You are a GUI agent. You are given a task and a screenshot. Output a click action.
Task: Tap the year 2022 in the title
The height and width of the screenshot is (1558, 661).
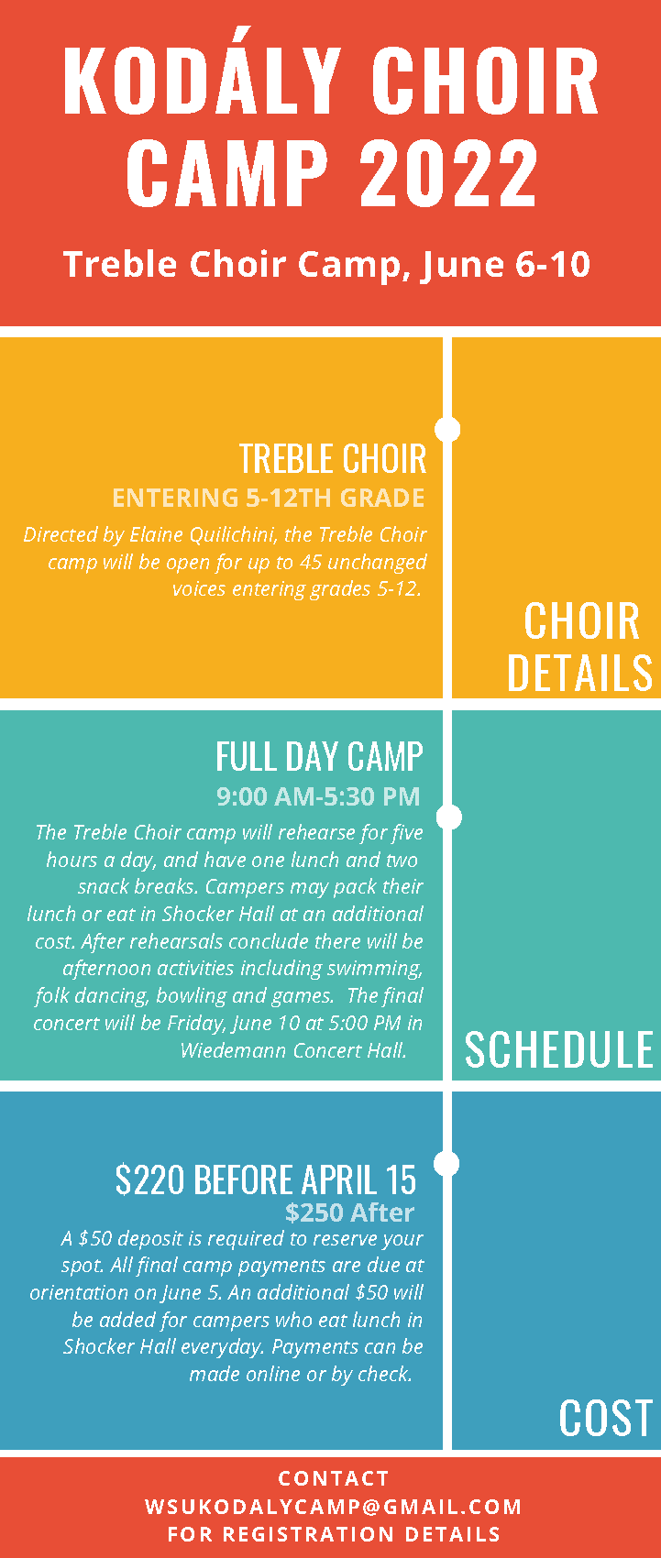449,172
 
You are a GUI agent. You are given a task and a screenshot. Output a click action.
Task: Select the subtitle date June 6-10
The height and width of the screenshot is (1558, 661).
506,265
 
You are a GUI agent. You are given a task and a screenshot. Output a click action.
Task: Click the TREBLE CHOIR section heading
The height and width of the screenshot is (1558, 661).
333,459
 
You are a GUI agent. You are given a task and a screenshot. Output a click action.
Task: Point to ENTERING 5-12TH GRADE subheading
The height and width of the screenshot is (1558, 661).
269,498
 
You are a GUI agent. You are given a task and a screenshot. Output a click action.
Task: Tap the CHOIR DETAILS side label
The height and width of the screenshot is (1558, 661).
580,647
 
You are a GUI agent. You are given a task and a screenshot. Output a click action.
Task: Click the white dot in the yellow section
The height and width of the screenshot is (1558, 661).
447,429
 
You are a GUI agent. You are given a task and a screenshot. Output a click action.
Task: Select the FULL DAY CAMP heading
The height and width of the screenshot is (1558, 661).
319,757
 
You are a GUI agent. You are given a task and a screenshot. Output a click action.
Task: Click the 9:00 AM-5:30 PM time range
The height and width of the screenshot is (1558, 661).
318,796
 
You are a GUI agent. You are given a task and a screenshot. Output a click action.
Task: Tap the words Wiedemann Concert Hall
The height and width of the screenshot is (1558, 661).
293,1050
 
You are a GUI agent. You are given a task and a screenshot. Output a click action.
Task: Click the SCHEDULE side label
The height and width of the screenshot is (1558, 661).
559,1050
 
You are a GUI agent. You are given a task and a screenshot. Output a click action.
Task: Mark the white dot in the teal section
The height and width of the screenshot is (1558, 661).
449,817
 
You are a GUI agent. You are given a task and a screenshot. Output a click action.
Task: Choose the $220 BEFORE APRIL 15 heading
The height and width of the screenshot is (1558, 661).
266,1180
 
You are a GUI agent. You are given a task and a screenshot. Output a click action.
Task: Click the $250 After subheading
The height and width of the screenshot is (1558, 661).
349,1213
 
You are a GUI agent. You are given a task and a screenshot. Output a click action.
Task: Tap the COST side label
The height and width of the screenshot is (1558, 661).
605,1419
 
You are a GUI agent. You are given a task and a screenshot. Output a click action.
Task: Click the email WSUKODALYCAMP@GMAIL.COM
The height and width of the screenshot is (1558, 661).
334,1507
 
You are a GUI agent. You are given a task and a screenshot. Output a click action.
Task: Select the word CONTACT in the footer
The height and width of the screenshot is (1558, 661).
334,1478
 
